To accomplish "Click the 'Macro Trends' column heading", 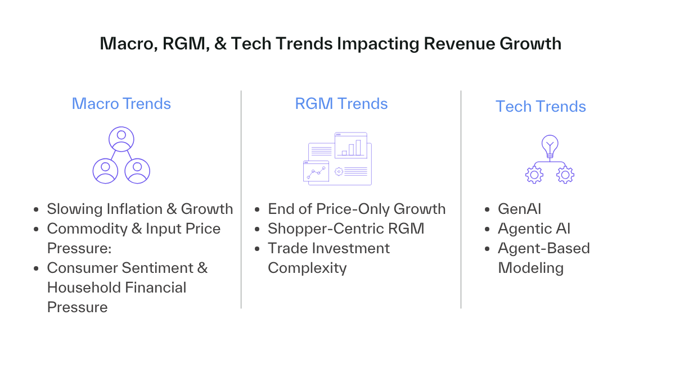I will point(121,104).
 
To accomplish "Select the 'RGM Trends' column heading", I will point(341,104).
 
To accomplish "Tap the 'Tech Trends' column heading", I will point(541,107).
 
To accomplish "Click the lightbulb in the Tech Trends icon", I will point(550,146).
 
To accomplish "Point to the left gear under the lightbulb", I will point(534,175).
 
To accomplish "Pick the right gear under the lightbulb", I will point(565,175).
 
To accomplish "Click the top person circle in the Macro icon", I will point(121,139).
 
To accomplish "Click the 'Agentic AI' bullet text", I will point(534,229).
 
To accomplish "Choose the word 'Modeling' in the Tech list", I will point(530,268).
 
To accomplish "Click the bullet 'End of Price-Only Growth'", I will point(357,209).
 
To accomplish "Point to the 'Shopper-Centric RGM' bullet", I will point(346,229).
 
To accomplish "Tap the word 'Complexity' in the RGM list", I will point(307,268).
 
